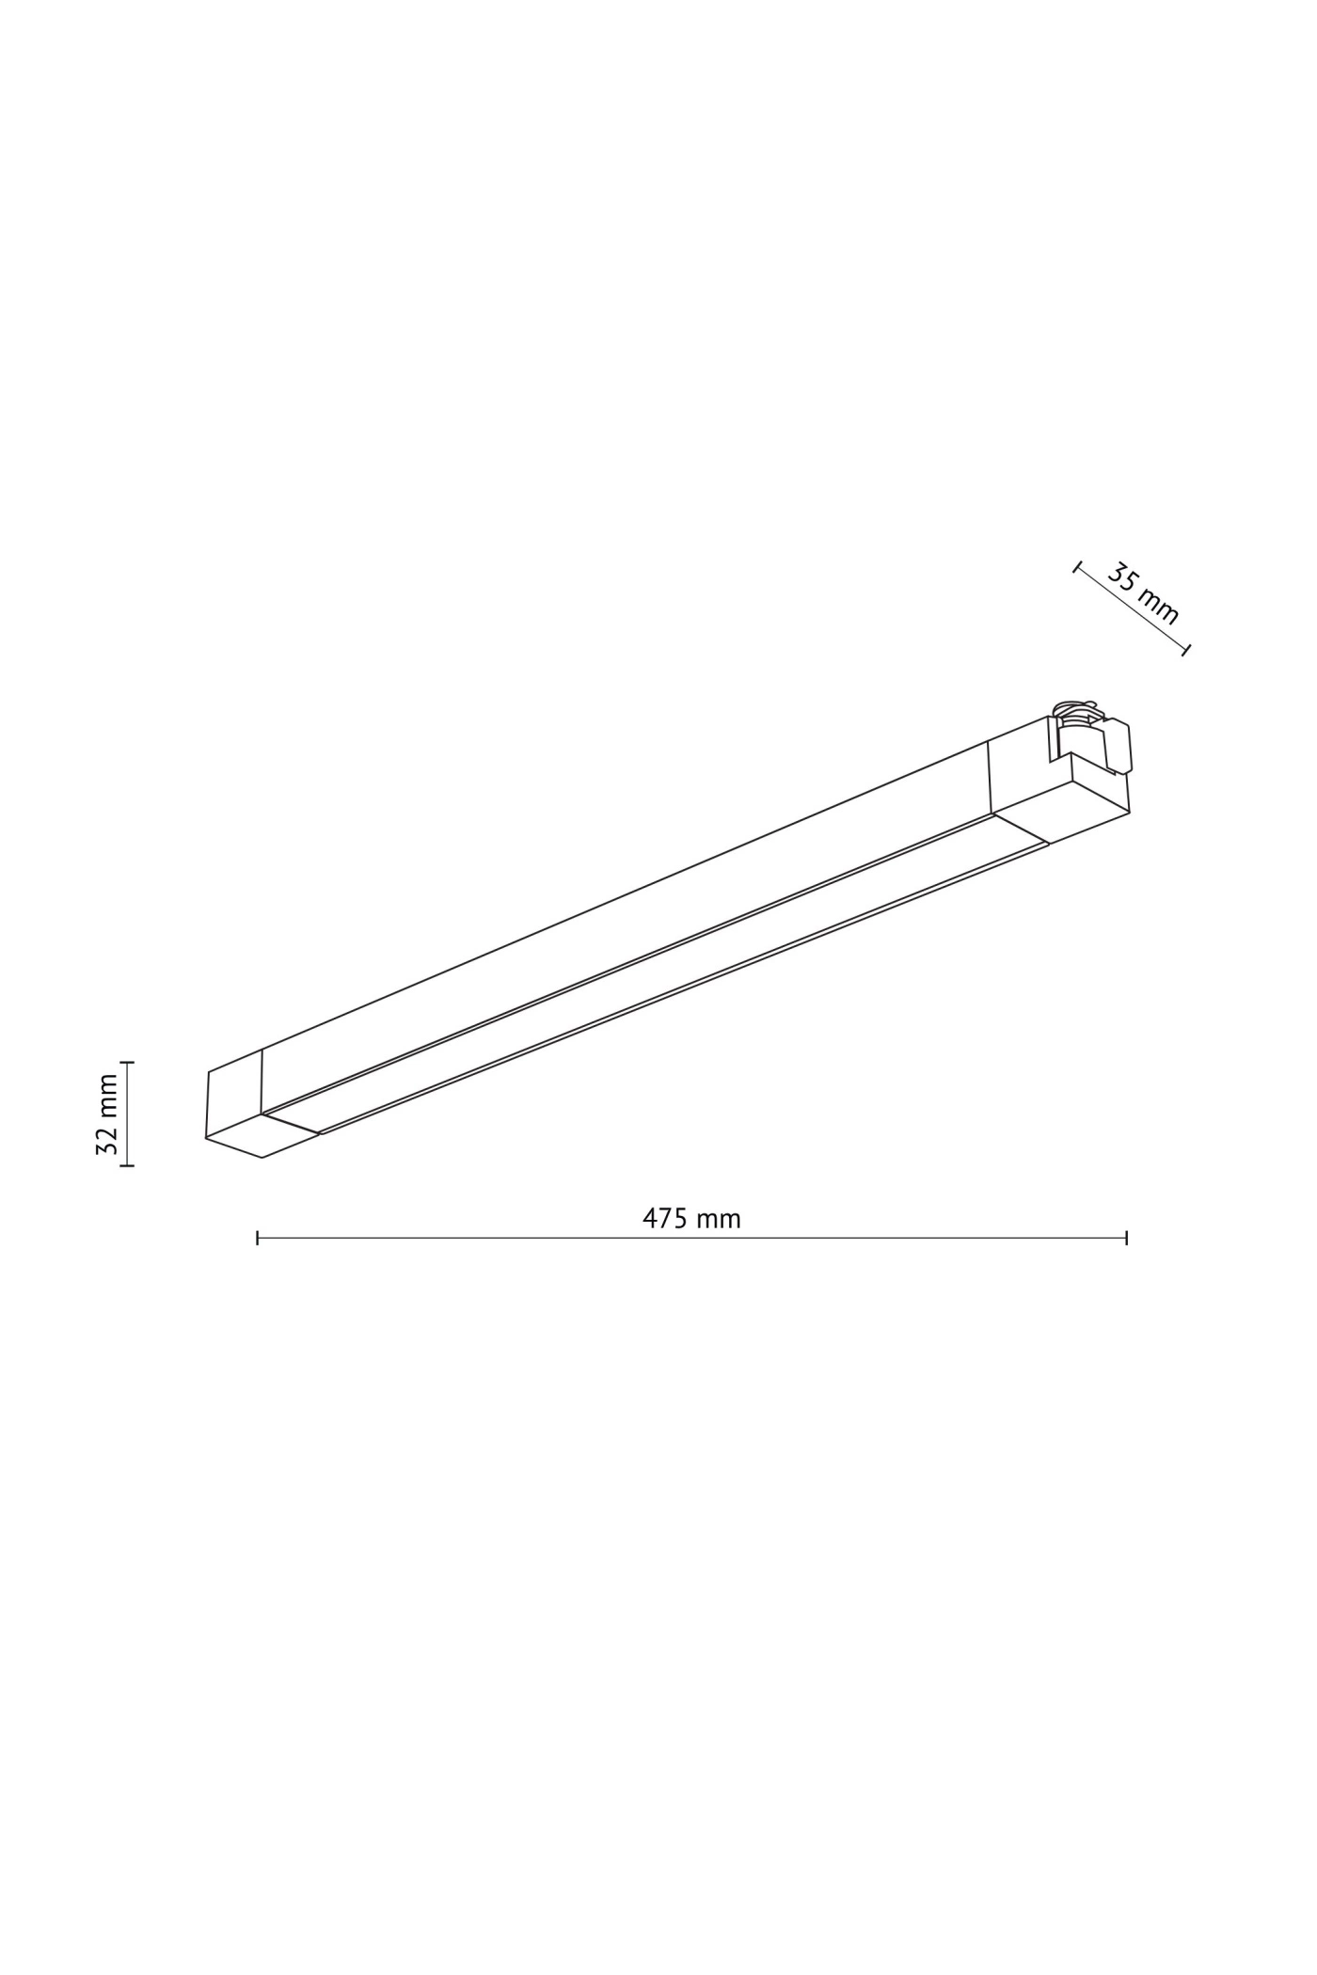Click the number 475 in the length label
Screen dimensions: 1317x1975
(x=665, y=1219)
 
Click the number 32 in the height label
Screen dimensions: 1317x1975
(x=106, y=1140)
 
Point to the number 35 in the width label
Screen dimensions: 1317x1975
(x=1121, y=576)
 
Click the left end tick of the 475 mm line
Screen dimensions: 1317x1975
(x=258, y=1238)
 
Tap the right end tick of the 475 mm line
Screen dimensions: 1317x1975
(x=1126, y=1238)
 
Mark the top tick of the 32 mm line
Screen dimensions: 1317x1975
(x=127, y=1062)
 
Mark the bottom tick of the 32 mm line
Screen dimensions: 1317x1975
(x=127, y=1165)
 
